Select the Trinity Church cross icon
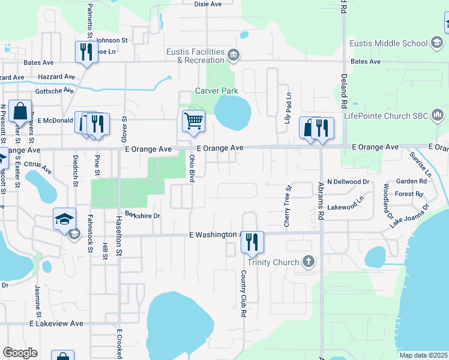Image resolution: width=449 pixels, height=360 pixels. click(309, 262)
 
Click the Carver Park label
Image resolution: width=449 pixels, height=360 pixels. click(217, 91)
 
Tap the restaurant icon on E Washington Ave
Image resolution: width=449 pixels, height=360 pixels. click(253, 241)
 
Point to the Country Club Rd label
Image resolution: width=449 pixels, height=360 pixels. click(244, 293)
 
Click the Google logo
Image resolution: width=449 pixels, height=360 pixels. click(20, 353)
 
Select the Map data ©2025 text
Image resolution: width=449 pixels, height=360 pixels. click(423, 355)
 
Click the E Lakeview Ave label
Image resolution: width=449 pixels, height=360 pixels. click(57, 323)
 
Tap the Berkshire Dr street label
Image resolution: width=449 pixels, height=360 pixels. click(143, 215)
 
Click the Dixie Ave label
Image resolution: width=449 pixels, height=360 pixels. click(208, 4)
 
